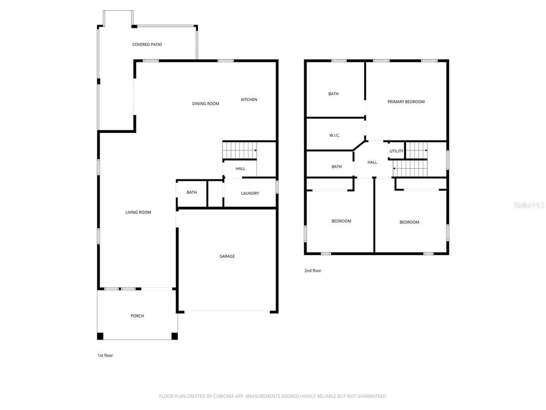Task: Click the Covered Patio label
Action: click(x=147, y=44)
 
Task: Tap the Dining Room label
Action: click(x=206, y=104)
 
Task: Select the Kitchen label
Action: click(x=249, y=100)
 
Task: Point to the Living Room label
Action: click(x=138, y=212)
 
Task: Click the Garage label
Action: click(x=227, y=256)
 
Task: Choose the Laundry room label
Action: click(x=250, y=193)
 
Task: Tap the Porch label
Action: click(x=137, y=316)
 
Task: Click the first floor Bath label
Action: click(x=192, y=193)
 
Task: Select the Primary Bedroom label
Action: click(x=406, y=101)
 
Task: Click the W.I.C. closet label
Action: click(x=334, y=136)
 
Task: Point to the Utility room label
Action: click(x=396, y=151)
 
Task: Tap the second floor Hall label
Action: click(x=372, y=162)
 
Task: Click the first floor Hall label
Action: click(x=240, y=169)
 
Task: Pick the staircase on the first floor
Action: click(x=239, y=151)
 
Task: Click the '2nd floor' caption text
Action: click(x=312, y=271)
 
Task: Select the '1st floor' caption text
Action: click(x=105, y=356)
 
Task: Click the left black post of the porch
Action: click(x=100, y=336)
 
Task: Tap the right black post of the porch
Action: click(x=174, y=336)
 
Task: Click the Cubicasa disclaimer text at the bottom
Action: click(x=273, y=396)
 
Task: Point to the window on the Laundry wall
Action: click(x=277, y=187)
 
